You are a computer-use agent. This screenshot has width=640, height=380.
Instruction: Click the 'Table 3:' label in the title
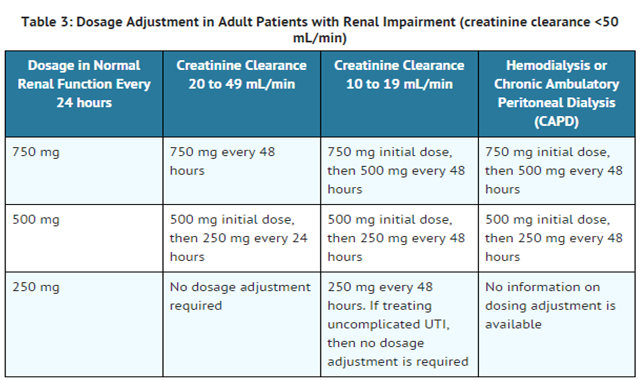pyautogui.click(x=47, y=22)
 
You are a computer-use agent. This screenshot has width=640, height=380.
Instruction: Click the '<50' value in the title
pyautogui.click(x=607, y=22)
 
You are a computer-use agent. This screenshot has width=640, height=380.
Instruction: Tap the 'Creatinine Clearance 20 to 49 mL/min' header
pyautogui.click(x=241, y=75)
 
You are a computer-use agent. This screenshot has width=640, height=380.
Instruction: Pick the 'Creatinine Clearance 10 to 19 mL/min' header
pyautogui.click(x=399, y=75)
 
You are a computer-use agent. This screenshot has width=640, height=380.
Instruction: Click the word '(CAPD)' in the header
pyautogui.click(x=556, y=121)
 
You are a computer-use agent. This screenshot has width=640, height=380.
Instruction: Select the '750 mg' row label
pyautogui.click(x=36, y=152)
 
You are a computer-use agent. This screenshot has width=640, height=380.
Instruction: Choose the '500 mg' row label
pyautogui.click(x=36, y=220)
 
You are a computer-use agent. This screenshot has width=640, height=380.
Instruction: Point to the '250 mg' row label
pyautogui.click(x=36, y=287)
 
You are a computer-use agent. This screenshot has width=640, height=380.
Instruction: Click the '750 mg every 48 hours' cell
pyautogui.click(x=222, y=161)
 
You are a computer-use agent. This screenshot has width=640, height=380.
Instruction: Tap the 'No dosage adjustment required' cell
pyautogui.click(x=240, y=296)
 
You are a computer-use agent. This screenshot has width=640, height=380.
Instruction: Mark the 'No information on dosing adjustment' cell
pyautogui.click(x=550, y=306)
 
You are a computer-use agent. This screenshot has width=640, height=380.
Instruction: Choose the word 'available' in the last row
pyautogui.click(x=514, y=324)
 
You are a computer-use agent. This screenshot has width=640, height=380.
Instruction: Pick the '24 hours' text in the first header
pyautogui.click(x=84, y=103)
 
